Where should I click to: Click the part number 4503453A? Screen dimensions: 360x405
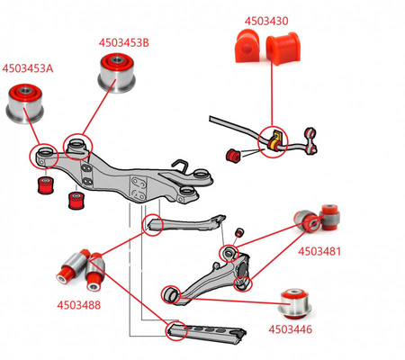click(28, 67)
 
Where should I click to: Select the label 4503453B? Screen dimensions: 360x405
click(124, 41)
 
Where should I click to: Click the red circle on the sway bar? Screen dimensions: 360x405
click(270, 141)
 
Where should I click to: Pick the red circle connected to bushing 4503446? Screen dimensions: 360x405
click(170, 294)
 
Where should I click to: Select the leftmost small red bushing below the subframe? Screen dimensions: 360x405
click(40, 185)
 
